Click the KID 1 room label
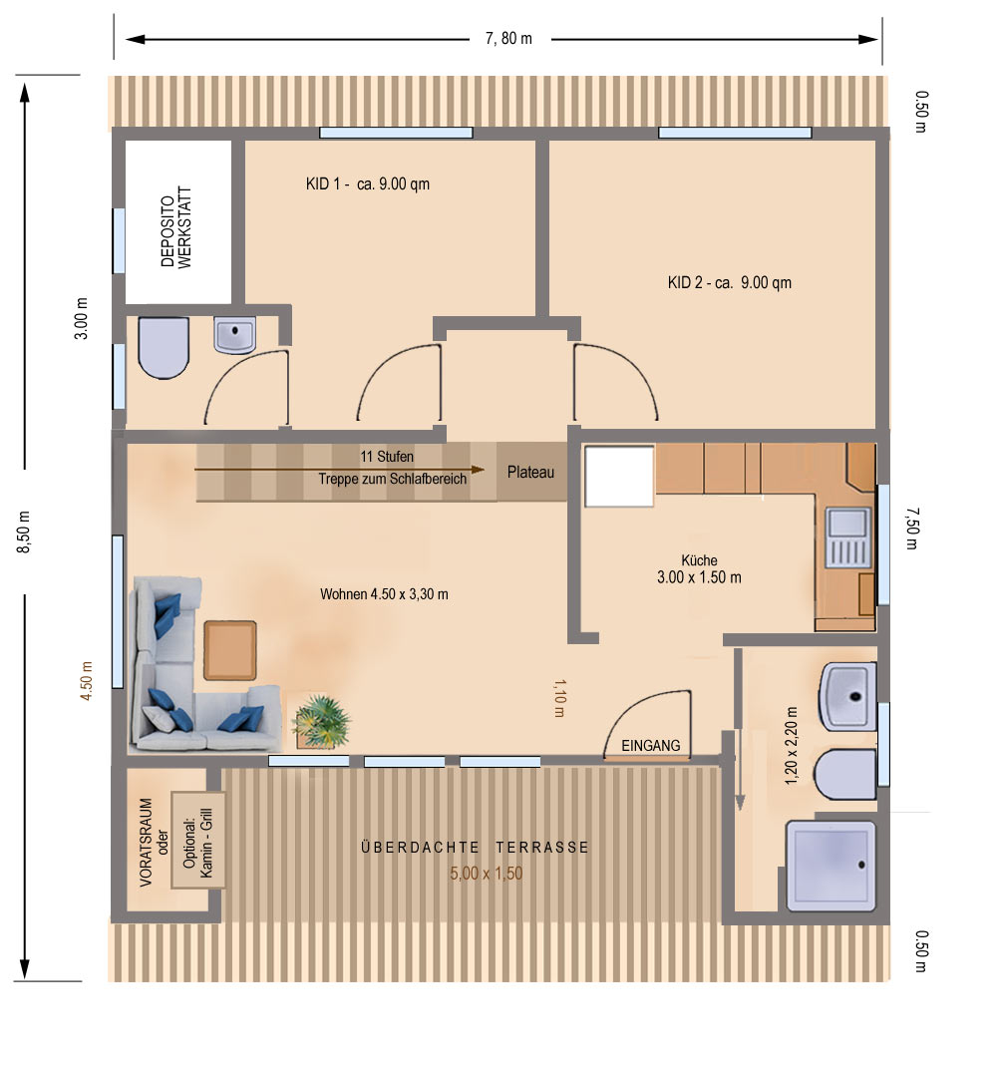(x=368, y=183)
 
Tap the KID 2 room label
(x=730, y=282)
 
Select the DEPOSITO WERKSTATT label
(x=176, y=227)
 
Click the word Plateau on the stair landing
(x=530, y=472)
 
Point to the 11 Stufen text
(x=387, y=456)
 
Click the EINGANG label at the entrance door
(x=651, y=745)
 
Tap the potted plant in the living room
(x=320, y=721)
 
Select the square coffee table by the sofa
(x=230, y=650)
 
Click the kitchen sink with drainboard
(x=848, y=537)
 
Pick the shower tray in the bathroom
(x=831, y=866)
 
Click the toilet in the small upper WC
(x=164, y=347)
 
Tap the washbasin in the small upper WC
(x=235, y=334)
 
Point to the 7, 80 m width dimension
(x=508, y=39)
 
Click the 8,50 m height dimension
(x=24, y=532)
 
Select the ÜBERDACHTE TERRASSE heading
(x=475, y=847)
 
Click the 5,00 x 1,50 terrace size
(x=486, y=873)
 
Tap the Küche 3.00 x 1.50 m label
(x=699, y=568)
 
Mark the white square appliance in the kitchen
(x=619, y=477)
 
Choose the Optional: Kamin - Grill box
(x=198, y=841)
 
